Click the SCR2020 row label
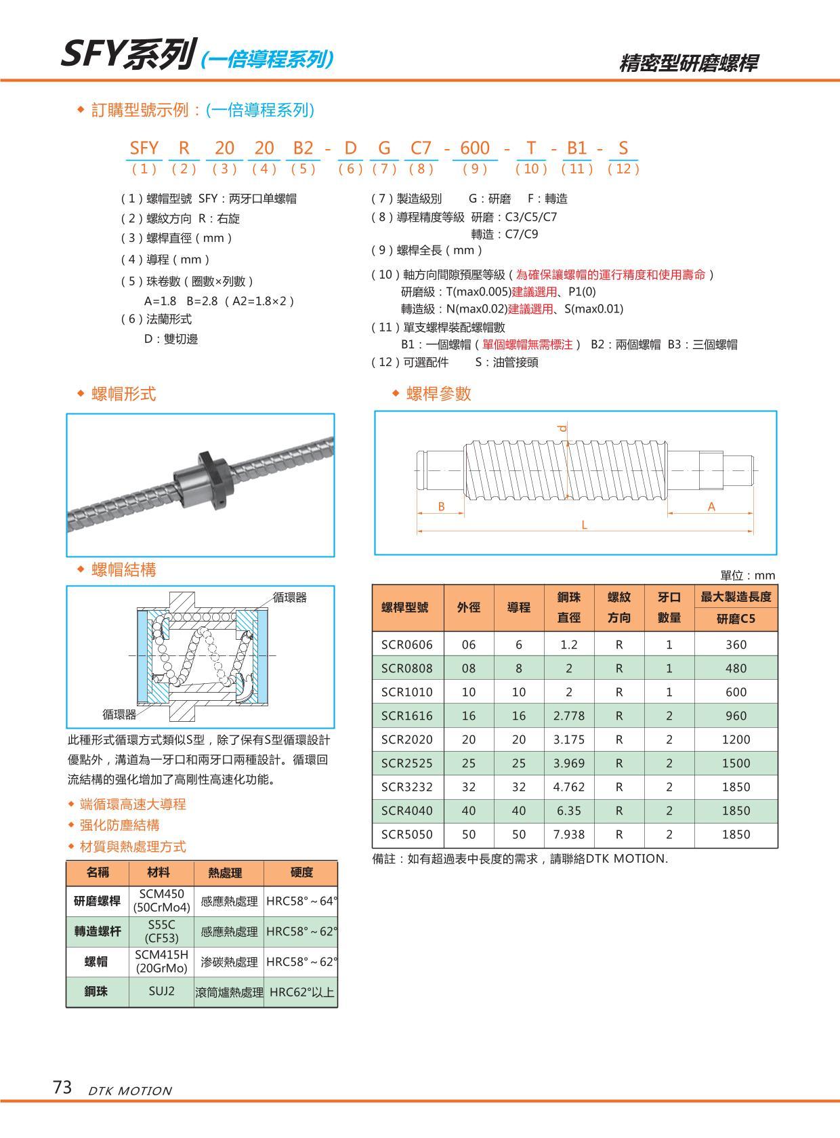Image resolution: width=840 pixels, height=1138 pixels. coord(406,739)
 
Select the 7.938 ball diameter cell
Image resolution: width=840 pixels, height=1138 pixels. coord(568,834)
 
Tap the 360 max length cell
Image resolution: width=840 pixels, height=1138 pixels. coord(736,645)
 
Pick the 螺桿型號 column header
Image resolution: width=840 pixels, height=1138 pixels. coord(405,607)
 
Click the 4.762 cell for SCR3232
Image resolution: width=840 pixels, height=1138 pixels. coord(568,787)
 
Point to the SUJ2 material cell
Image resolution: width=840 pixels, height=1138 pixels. coord(161,991)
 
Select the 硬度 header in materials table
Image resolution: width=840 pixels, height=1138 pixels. coord(301,872)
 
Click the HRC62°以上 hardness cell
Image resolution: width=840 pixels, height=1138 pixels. coord(301,992)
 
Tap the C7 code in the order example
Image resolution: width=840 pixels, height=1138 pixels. coord(421,148)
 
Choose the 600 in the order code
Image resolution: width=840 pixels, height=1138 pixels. coord(475,148)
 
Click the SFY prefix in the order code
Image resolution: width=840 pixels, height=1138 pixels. coord(144,148)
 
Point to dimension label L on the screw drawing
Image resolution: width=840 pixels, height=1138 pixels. coord(584,525)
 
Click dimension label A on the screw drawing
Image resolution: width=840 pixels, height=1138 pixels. coord(711,506)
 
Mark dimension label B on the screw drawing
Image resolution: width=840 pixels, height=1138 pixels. coord(441,506)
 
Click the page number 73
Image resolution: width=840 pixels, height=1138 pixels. coord(62,1087)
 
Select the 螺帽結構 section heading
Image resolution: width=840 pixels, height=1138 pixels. coord(123,569)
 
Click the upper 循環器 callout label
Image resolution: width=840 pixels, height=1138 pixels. coord(290,597)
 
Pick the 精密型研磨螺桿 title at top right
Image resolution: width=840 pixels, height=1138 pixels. coord(688,63)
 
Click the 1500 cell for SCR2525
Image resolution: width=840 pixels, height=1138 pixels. coord(736,763)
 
